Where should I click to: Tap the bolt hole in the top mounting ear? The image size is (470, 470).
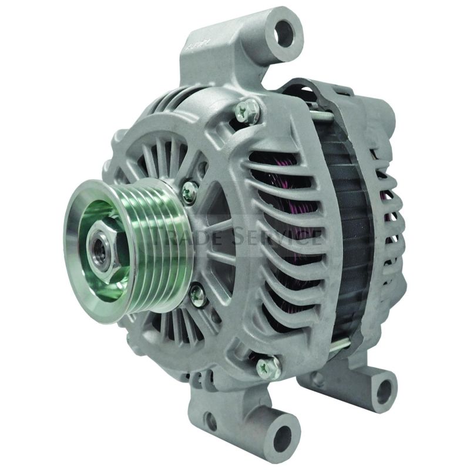pyautogui.click(x=284, y=31)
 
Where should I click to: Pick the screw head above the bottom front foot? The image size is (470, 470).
pyautogui.click(x=266, y=367)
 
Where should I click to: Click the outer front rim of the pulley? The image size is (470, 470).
pyautogui.click(x=76, y=247)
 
